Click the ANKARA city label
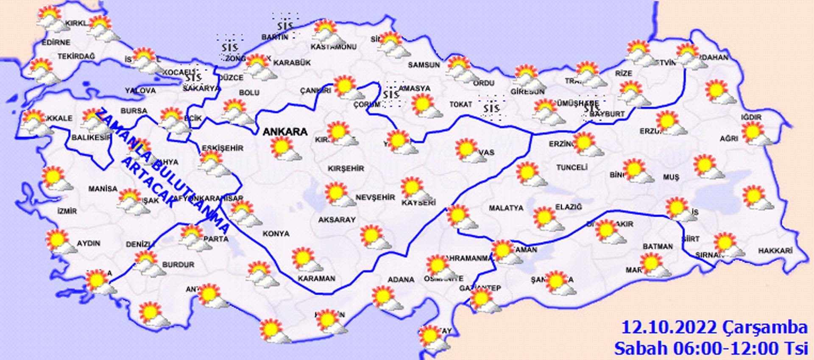pos(285,132)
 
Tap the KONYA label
pos(276,234)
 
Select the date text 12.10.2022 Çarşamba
pos(714,327)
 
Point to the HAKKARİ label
pos(775,251)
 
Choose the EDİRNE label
pos(56,42)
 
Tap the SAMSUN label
pos(424,65)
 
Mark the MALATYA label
pos(506,208)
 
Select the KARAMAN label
pos(316,279)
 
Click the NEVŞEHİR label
pos(375,198)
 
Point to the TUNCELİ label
pos(572,167)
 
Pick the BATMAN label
pos(658,246)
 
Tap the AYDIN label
pos(88,243)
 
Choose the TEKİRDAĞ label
pos(76,56)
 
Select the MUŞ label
pos(671,177)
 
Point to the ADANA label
pos(401,280)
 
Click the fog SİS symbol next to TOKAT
pos(491,108)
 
